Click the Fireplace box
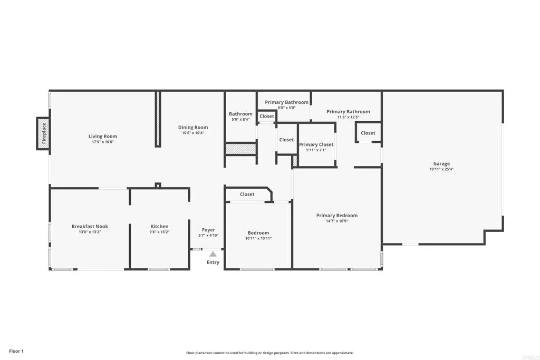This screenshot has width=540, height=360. click(x=44, y=133)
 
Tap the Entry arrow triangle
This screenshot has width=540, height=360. click(x=213, y=254)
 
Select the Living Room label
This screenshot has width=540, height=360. click(x=103, y=137)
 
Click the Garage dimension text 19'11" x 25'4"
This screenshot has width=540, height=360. click(x=441, y=170)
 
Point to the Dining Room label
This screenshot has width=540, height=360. click(x=193, y=127)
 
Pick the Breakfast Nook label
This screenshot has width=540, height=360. click(x=90, y=226)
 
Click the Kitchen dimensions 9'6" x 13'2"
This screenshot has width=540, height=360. click(x=159, y=232)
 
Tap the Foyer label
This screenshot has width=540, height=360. click(x=208, y=230)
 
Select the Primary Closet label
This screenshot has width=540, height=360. click(x=316, y=144)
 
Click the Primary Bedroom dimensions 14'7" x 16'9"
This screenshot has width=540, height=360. click(x=337, y=221)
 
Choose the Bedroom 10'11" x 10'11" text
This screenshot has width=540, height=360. click(x=258, y=238)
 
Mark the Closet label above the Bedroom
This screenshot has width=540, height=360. click(x=247, y=194)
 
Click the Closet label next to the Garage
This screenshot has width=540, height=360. click(x=368, y=133)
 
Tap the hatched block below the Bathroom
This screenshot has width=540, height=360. click(x=240, y=149)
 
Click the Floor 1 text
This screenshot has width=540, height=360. click(x=16, y=351)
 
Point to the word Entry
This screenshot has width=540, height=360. click(x=213, y=262)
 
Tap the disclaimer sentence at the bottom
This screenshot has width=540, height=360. click(x=269, y=353)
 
